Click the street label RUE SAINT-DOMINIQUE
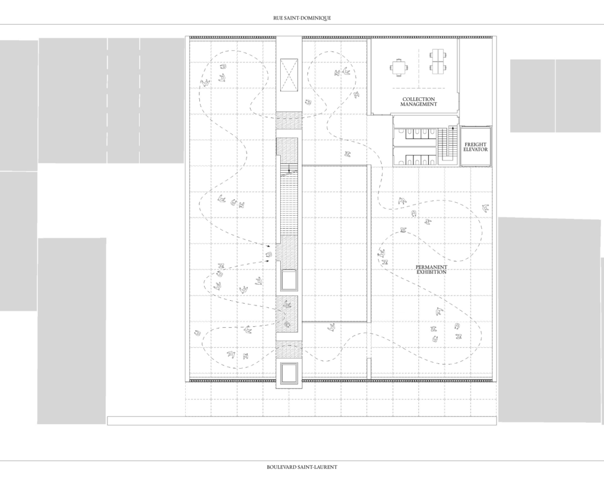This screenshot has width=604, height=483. pos(302,18)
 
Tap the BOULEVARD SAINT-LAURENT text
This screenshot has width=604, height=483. pos(302,467)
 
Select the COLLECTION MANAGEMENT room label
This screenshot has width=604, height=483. pos(419,101)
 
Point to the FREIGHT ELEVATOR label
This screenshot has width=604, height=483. pos(476,147)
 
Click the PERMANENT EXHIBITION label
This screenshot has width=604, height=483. pos(431,270)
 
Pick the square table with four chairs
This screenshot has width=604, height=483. pos(399,67)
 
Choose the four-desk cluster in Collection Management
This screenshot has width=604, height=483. pos(437,61)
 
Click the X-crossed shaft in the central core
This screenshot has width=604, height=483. pos(289,75)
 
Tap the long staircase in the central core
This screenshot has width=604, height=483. pos(289,200)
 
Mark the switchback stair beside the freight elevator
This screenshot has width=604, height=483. pos(448,144)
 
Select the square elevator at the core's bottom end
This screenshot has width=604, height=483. pos(289,373)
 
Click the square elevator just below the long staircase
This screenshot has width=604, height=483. pos(289,280)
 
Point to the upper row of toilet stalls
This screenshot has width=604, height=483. pos(415,133)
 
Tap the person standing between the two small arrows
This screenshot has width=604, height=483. pos(269,254)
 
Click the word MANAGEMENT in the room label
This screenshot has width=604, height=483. pos(419,104)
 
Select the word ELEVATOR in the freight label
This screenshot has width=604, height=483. pos(476,149)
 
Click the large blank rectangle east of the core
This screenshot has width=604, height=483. pos(334,244)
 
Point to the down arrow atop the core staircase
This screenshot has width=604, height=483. pos(289,168)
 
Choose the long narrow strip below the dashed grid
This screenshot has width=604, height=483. pos(302,420)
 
